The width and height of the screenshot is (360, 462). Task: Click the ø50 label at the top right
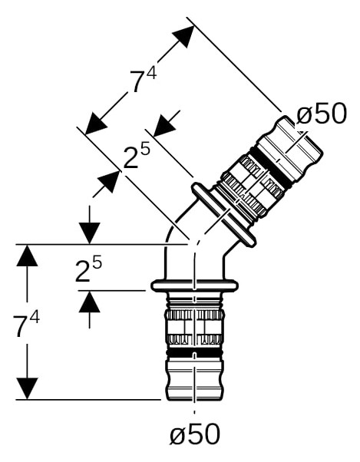[x=322, y=114]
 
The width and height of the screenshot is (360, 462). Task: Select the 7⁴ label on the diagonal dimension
[x=144, y=80]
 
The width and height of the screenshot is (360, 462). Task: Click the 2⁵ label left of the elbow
[x=88, y=269]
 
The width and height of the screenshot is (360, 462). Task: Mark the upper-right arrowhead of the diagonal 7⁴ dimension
[x=183, y=36]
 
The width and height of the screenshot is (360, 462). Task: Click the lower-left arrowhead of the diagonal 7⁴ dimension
[x=96, y=124]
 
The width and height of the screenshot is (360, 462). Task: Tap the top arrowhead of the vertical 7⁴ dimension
[x=27, y=256]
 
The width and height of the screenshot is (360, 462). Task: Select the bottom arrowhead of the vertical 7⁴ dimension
[x=27, y=389]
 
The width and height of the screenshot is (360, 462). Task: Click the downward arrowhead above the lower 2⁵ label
[x=90, y=233]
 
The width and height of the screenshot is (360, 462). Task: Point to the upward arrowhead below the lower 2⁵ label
[x=90, y=302]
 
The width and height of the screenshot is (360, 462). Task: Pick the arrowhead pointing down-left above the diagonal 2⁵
[x=165, y=126]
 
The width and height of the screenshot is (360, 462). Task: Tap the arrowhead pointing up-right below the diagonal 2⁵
[x=109, y=181]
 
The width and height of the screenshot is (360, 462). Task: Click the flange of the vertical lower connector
[x=194, y=285]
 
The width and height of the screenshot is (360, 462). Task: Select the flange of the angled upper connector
[x=223, y=214]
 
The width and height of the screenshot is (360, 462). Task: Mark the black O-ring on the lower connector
[x=194, y=353]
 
